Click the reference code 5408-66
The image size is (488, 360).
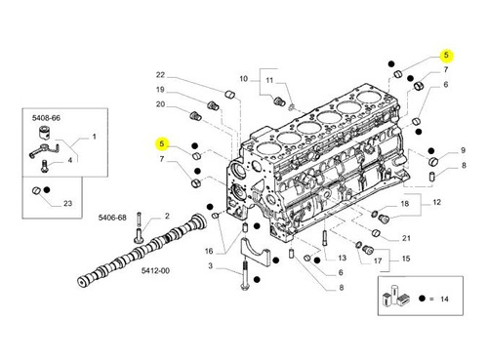(x=46, y=118)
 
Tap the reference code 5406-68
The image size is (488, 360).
(x=112, y=218)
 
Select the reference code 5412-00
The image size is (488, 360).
(x=155, y=270)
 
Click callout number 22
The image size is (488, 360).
(x=160, y=75)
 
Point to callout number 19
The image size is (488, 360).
(x=160, y=90)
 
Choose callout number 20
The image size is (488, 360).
(x=160, y=104)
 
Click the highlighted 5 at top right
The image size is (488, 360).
(x=446, y=55)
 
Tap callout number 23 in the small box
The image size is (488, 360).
(x=67, y=204)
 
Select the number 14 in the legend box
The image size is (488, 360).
(x=444, y=299)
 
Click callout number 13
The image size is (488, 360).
(x=342, y=259)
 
